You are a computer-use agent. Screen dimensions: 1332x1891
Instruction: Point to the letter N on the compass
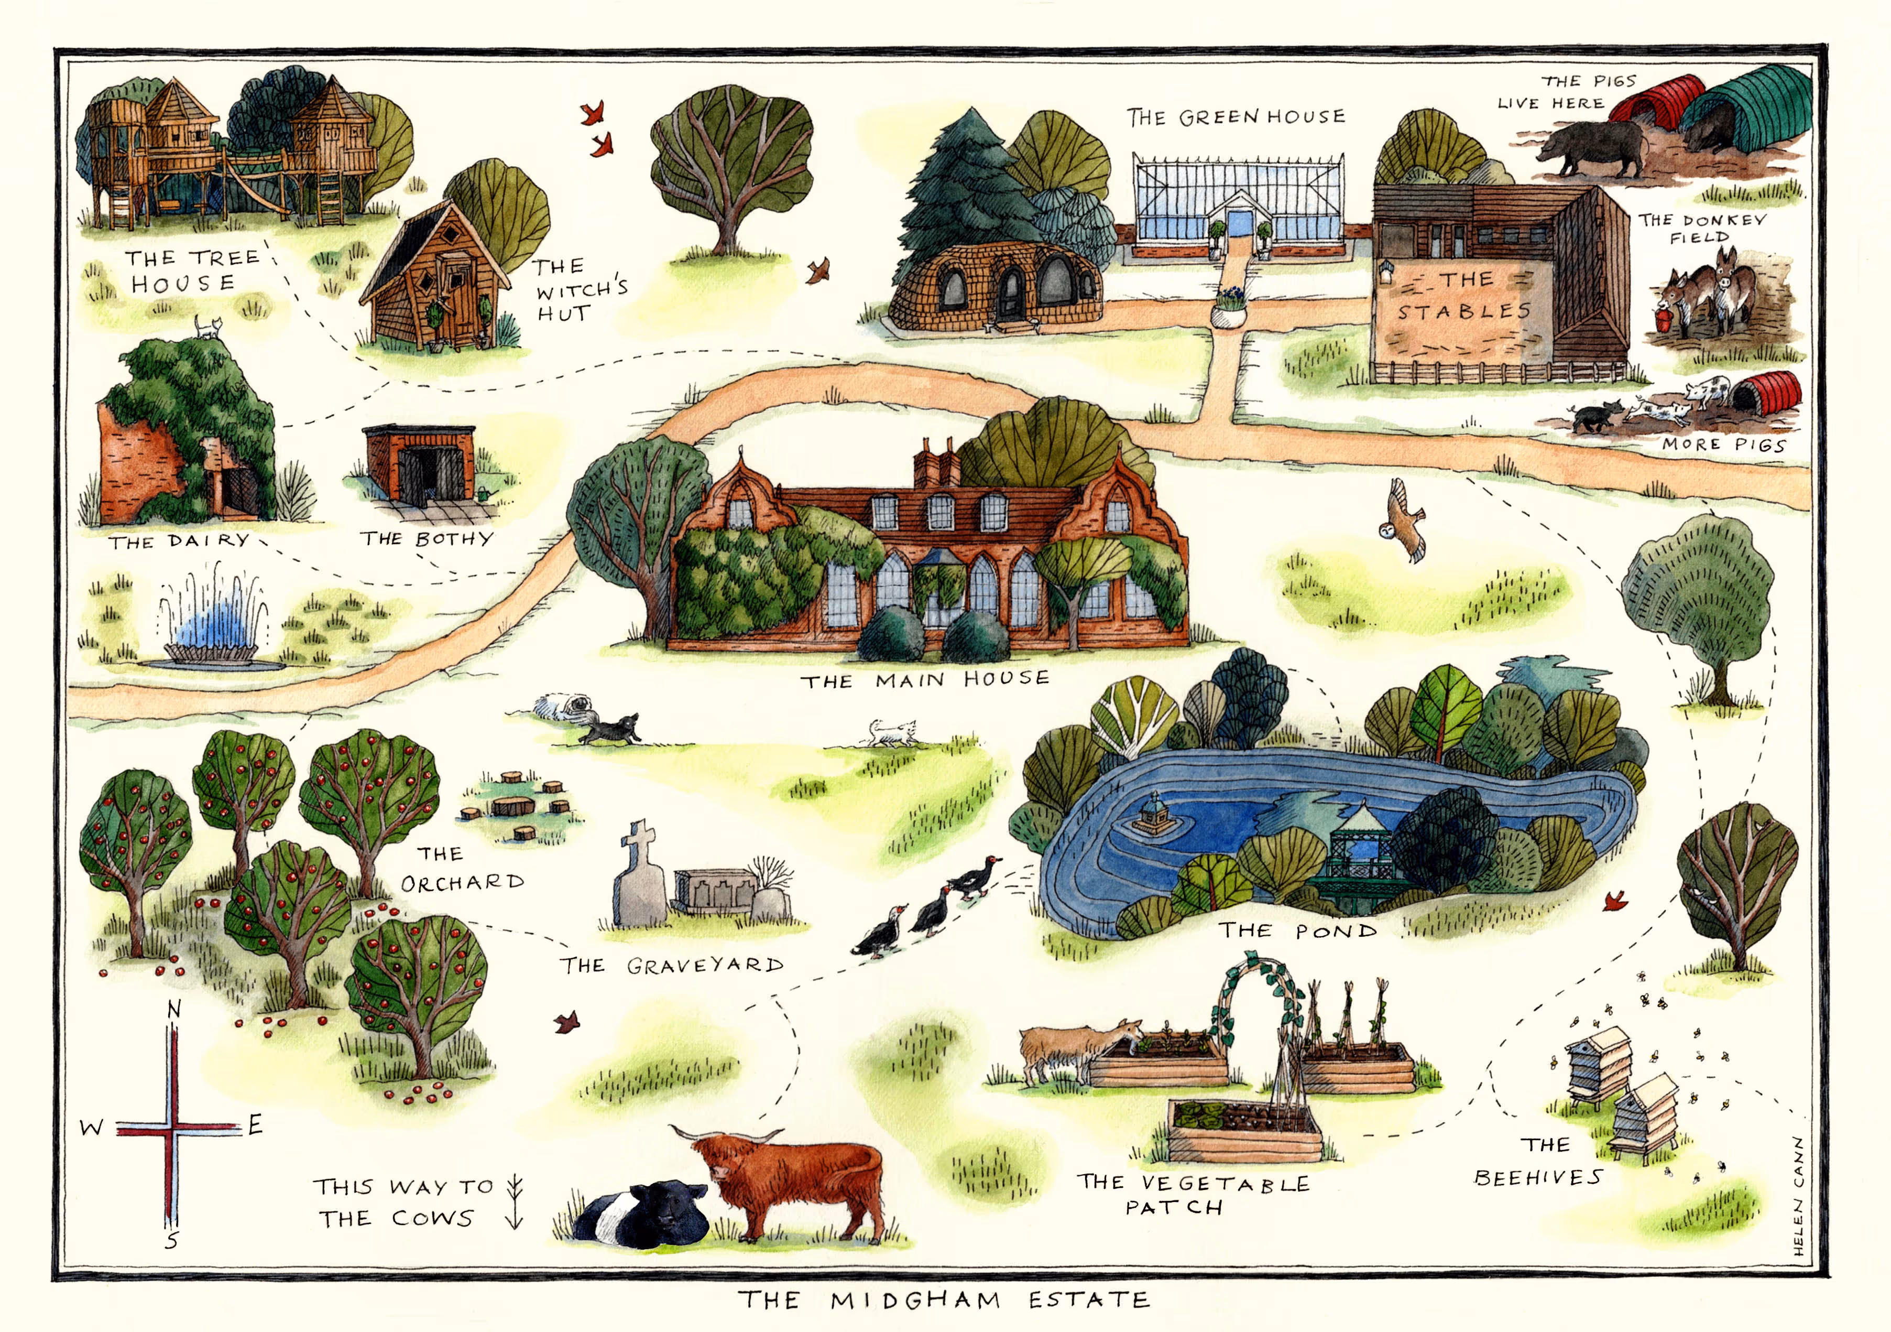pyautogui.click(x=173, y=1009)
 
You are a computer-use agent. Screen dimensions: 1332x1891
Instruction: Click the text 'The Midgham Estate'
pyautogui.click(x=943, y=1301)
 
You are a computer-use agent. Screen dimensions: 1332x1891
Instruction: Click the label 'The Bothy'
pyautogui.click(x=426, y=539)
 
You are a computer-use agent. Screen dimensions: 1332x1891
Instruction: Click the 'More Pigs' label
pyautogui.click(x=1723, y=445)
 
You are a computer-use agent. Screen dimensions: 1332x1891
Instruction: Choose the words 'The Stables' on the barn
pyautogui.click(x=1465, y=296)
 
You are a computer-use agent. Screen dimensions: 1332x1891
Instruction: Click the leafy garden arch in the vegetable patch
pyautogui.click(x=1256, y=1013)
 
